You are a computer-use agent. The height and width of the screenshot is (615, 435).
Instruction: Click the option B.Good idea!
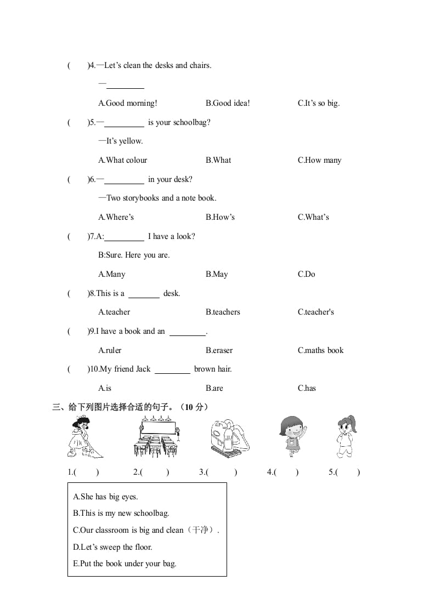pyautogui.click(x=228, y=103)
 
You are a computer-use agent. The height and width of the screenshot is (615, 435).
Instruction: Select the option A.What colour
pyautogui.click(x=122, y=160)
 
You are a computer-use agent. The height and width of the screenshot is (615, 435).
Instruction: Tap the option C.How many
pyautogui.click(x=319, y=160)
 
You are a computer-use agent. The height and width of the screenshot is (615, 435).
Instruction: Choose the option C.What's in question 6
pyautogui.click(x=313, y=217)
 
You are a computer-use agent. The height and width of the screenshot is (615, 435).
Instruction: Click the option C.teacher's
pyautogui.click(x=315, y=312)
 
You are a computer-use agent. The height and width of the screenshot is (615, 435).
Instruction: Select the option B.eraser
pyautogui.click(x=219, y=350)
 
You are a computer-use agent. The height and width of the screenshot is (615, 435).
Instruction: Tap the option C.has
pyautogui.click(x=307, y=388)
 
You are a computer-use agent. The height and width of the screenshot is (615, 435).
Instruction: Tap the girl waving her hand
pyautogui.click(x=292, y=437)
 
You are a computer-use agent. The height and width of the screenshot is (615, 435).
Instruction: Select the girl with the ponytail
pyautogui.click(x=347, y=437)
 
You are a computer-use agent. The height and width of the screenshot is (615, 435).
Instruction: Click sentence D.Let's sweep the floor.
pyautogui.click(x=112, y=547)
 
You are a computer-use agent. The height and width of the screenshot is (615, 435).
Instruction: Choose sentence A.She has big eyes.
pyautogui.click(x=105, y=497)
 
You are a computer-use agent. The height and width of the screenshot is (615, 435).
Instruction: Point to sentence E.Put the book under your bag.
pyautogui.click(x=125, y=563)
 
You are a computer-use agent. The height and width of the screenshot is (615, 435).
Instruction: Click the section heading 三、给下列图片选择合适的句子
pyautogui.click(x=130, y=407)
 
